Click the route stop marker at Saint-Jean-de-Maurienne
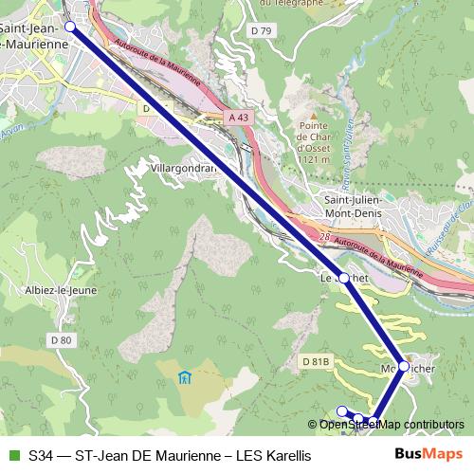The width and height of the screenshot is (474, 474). (69, 27)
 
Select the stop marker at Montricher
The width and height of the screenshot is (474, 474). (403, 366)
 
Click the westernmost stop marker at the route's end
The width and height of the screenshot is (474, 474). (342, 410)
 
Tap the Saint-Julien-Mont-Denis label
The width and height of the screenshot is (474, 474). (357, 208)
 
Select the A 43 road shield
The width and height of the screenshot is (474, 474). (240, 116)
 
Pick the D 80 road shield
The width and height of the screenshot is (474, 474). (62, 339)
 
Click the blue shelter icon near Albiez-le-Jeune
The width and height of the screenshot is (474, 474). (183, 378)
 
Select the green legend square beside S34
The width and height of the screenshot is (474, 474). (13, 455)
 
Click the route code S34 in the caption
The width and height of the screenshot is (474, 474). (42, 455)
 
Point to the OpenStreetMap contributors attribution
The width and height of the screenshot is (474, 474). (392, 425)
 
